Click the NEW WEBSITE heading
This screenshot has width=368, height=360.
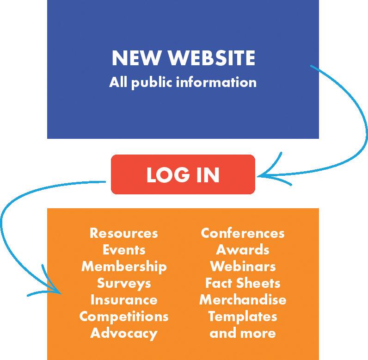pyautogui.click(x=183, y=59)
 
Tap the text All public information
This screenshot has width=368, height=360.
pyautogui.click(x=183, y=83)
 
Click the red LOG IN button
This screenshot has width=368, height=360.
pyautogui.click(x=183, y=174)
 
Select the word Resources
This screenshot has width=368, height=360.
pyautogui.click(x=123, y=233)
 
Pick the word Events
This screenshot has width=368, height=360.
pyautogui.click(x=124, y=249)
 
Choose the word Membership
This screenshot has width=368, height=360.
pyautogui.click(x=124, y=266)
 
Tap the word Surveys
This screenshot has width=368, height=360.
pyautogui.click(x=124, y=283)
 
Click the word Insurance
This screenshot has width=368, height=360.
pyautogui.click(x=124, y=299)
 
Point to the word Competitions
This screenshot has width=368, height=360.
pyautogui.click(x=124, y=317)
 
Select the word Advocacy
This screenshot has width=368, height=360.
pyautogui.click(x=124, y=333)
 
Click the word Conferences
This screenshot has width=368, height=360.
pyautogui.click(x=243, y=233)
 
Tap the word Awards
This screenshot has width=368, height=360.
pyautogui.click(x=243, y=249)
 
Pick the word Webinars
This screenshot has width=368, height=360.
pyautogui.click(x=243, y=266)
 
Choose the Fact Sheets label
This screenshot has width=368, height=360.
pyautogui.click(x=243, y=283)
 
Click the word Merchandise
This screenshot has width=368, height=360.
pyautogui.click(x=243, y=299)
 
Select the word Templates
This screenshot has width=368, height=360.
pyautogui.click(x=243, y=317)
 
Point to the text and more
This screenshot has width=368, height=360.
pyautogui.click(x=243, y=333)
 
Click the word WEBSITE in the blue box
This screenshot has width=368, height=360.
pyautogui.click(x=211, y=59)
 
